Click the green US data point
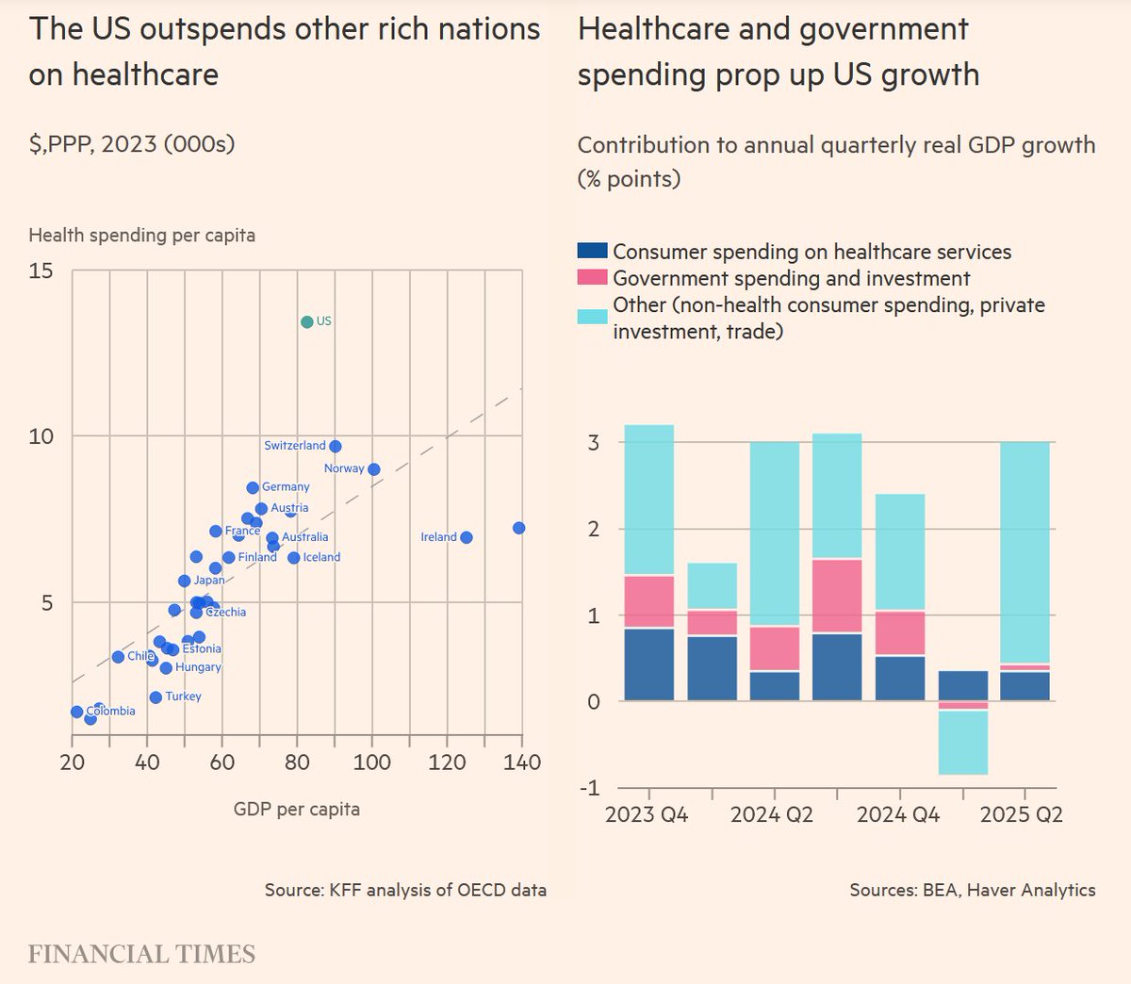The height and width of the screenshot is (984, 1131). (307, 322)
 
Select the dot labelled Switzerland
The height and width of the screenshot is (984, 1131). (336, 447)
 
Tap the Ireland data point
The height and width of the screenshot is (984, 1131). (467, 537)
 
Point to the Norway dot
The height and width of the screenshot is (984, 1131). (374, 469)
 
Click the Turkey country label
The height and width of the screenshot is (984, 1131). (183, 697)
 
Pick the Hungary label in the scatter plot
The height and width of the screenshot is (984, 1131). (198, 667)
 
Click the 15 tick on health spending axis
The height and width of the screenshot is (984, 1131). (41, 271)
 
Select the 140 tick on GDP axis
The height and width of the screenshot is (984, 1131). (521, 763)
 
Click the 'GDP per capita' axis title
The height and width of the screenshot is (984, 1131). (297, 809)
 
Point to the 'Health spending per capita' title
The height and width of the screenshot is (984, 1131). (141, 235)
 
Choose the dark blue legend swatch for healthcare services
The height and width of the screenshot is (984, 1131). (592, 252)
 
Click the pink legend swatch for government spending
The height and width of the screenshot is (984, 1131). (592, 278)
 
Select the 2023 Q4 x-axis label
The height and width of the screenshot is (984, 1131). (647, 814)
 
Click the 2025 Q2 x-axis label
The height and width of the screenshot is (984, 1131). (1022, 814)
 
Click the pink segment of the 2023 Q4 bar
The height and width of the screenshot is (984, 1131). (649, 601)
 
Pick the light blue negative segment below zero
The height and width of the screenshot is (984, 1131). (963, 743)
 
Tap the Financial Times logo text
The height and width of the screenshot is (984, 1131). (141, 954)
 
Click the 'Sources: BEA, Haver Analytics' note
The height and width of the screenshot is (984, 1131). (972, 890)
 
